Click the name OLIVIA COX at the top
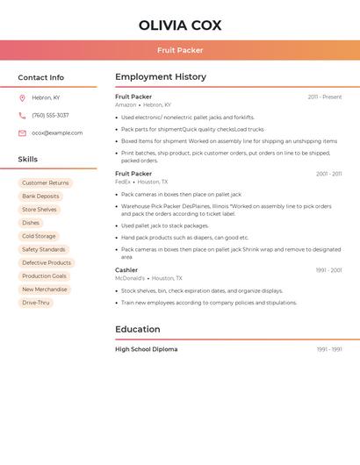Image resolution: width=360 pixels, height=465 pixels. pyautogui.click(x=180, y=25)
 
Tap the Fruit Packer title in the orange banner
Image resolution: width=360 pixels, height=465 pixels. pyautogui.click(x=180, y=50)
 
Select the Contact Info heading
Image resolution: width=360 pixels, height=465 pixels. pyautogui.click(x=41, y=77)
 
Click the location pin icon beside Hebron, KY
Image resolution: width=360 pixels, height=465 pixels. pyautogui.click(x=22, y=97)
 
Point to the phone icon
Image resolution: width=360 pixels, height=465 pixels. pyautogui.click(x=22, y=115)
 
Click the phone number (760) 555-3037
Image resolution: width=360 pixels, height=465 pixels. pyautogui.click(x=50, y=115)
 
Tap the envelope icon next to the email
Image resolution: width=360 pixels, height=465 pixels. pyautogui.click(x=22, y=133)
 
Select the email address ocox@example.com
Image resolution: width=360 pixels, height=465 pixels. pyautogui.click(x=57, y=133)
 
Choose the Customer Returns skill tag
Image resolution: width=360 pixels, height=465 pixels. pyautogui.click(x=45, y=183)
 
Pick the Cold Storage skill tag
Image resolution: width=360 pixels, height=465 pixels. pyautogui.click(x=39, y=236)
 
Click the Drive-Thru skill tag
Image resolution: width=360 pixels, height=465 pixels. pyautogui.click(x=36, y=303)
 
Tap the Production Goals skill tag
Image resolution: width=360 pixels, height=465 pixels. pyautogui.click(x=44, y=276)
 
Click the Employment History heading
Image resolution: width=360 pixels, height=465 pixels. pyautogui.click(x=161, y=77)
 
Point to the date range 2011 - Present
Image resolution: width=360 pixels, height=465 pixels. pyautogui.click(x=325, y=97)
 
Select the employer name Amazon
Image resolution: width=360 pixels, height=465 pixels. pyautogui.click(x=126, y=104)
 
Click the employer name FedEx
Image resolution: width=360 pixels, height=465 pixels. pyautogui.click(x=122, y=182)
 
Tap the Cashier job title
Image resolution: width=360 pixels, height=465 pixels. pyautogui.click(x=126, y=270)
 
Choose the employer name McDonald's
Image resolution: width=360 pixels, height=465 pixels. pyautogui.click(x=130, y=278)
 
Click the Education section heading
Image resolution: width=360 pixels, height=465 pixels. pyautogui.click(x=137, y=330)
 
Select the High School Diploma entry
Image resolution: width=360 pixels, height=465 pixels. pyautogui.click(x=146, y=349)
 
